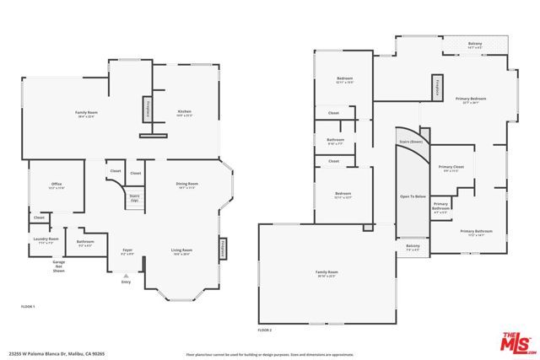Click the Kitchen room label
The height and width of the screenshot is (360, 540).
pos(184,114)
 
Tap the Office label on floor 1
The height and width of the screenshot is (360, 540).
pos(56,187)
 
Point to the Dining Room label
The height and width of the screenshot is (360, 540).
pos(186,185)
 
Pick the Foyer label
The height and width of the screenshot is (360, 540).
pos(127,251)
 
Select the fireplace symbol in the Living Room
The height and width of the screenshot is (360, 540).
pos(224,249)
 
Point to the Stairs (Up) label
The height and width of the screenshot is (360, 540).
pos(133,199)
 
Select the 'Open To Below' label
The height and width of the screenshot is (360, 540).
pos(411,196)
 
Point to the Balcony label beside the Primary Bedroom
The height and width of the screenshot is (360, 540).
pos(475,44)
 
